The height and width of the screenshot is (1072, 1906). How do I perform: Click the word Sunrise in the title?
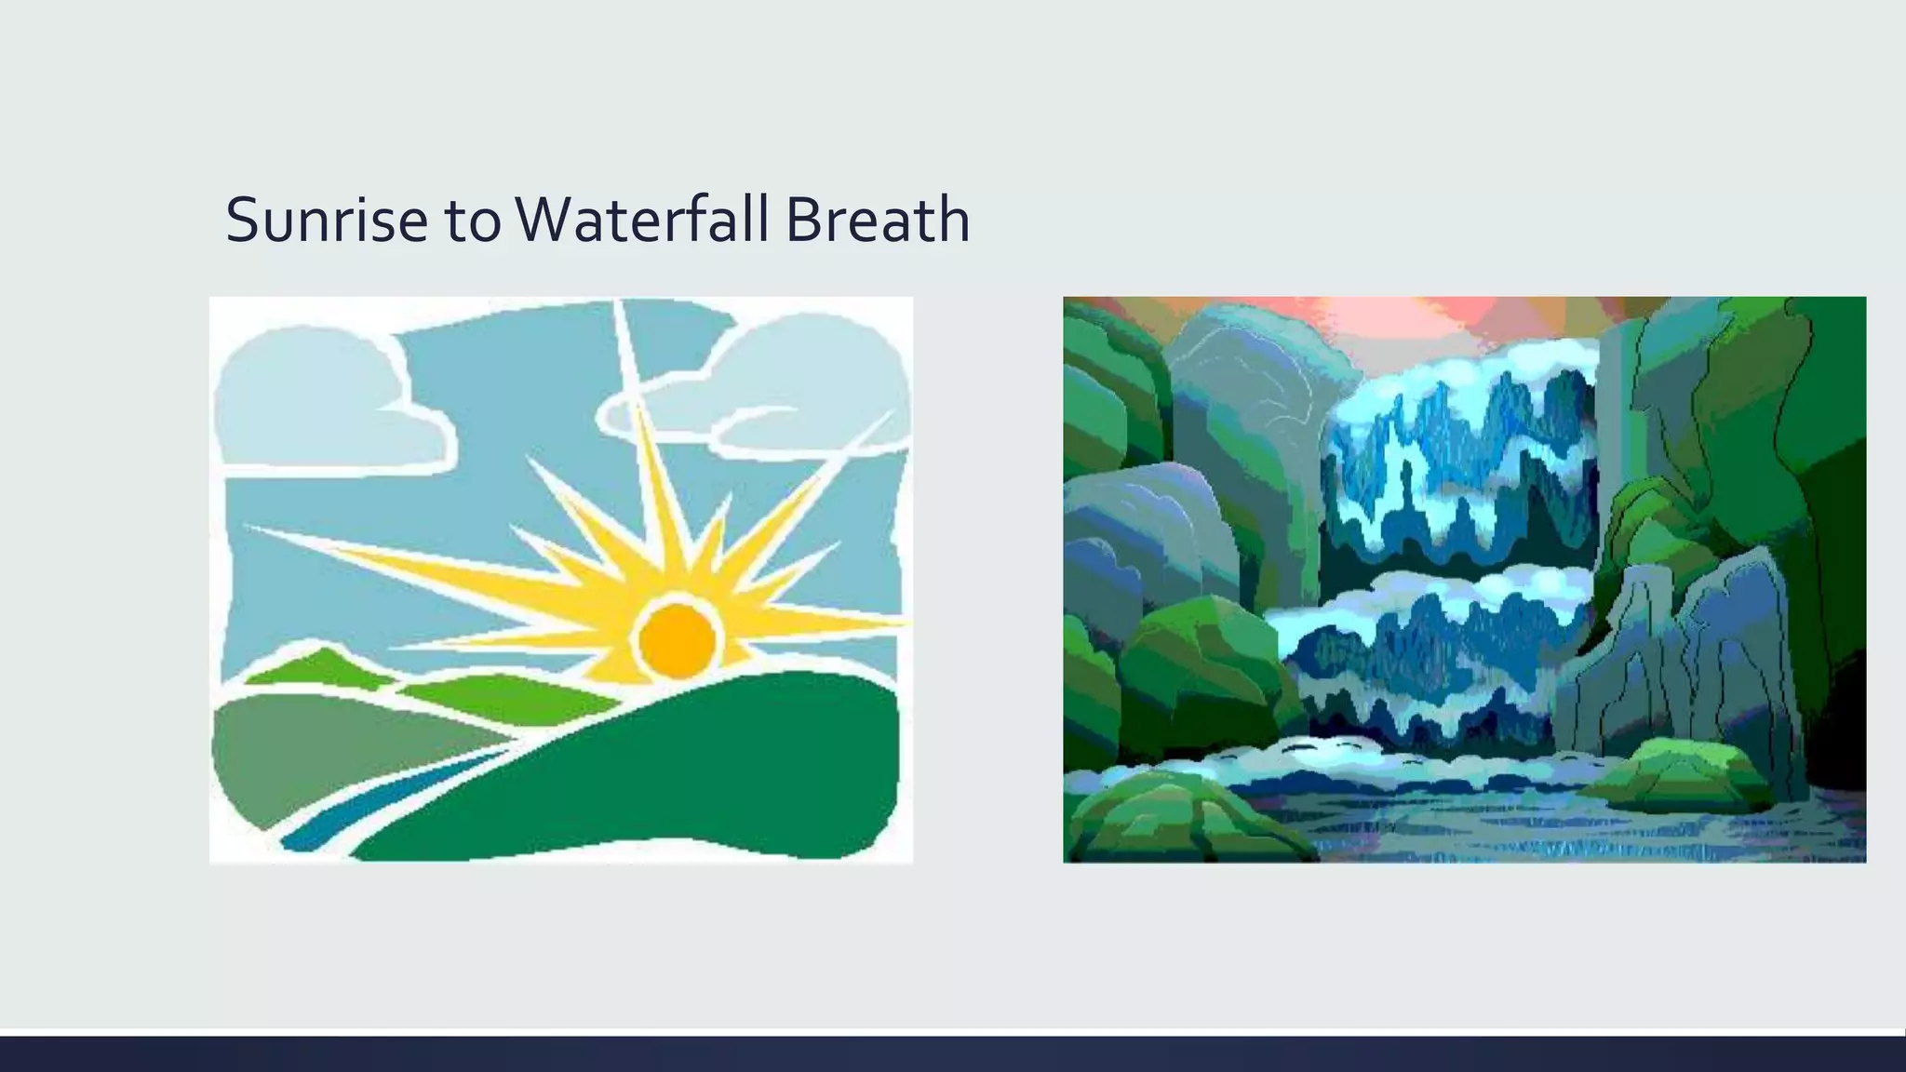325,221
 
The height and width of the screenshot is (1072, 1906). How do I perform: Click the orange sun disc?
677,638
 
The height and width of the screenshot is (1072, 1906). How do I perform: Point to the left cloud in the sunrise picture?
316,400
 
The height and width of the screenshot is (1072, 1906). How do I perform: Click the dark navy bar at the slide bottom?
953,1053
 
